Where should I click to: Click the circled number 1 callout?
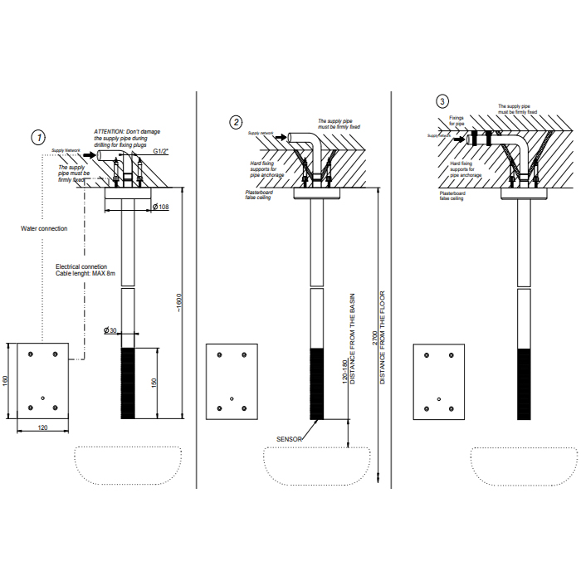point(38,136)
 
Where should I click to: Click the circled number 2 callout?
point(237,123)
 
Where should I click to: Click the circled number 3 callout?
point(442,101)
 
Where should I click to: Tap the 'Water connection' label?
point(44,228)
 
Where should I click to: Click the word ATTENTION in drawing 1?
point(109,132)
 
